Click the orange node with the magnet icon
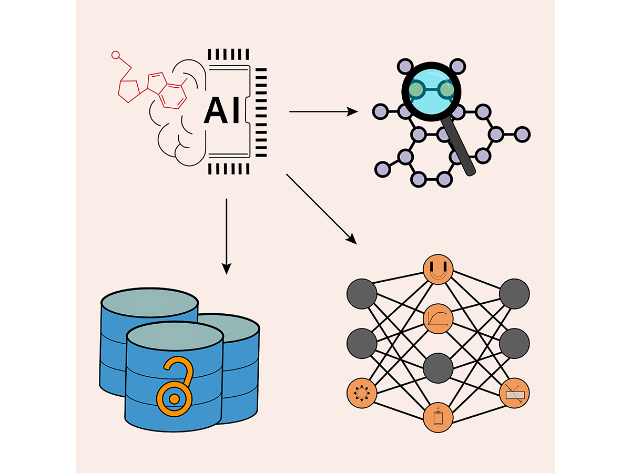click(438, 269)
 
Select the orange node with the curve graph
click(438, 318)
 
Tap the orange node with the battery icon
click(438, 418)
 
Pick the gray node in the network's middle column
click(438, 368)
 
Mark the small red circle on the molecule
click(116, 54)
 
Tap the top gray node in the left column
click(362, 293)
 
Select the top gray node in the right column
click(514, 293)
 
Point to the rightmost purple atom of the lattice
click(522, 134)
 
